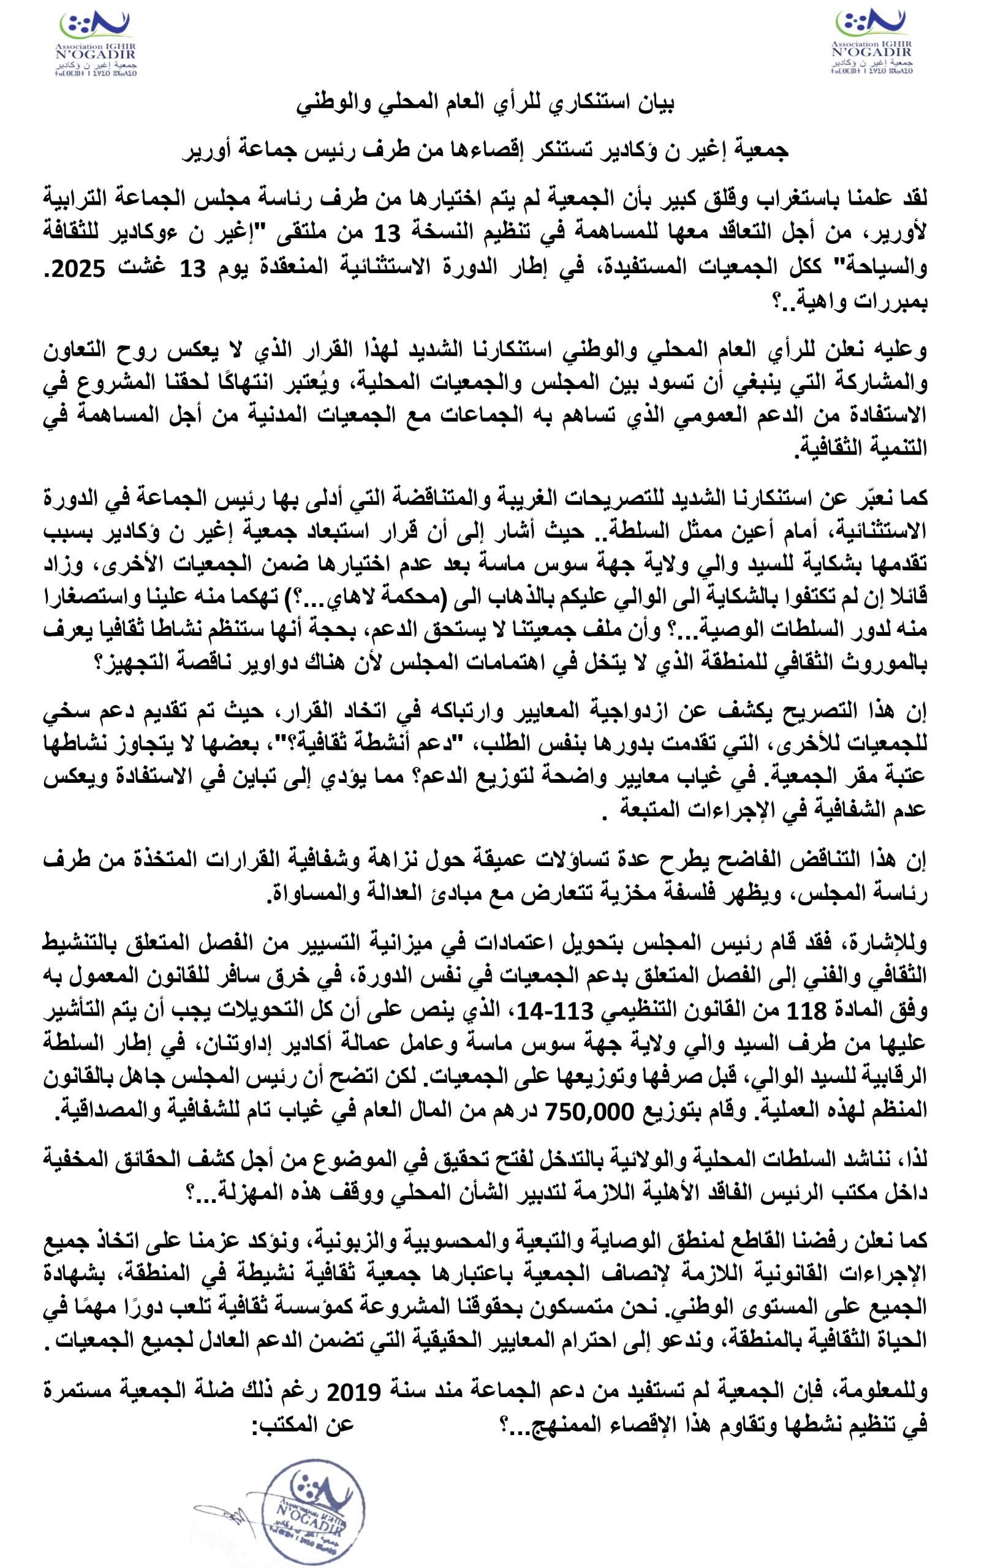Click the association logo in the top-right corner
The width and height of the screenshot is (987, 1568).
click(x=871, y=40)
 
